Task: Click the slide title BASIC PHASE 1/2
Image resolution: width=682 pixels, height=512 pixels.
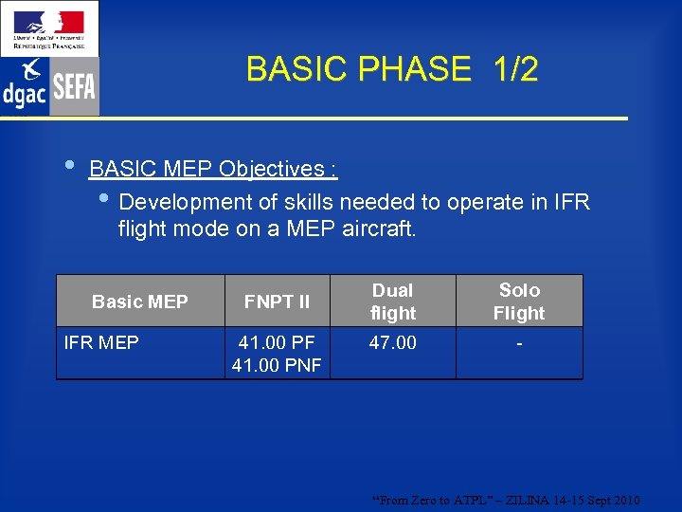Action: pyautogui.click(x=391, y=69)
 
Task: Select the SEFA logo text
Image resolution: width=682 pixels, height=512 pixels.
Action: pyautogui.click(x=74, y=87)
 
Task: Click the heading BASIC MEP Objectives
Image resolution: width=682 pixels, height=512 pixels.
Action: pyautogui.click(x=213, y=169)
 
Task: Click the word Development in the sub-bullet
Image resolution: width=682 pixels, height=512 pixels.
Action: pyautogui.click(x=180, y=202)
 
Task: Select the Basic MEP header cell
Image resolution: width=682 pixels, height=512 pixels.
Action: pyautogui.click(x=140, y=302)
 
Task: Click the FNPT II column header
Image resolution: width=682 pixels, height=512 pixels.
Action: pyautogui.click(x=277, y=302)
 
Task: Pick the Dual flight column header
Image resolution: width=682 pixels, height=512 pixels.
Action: pyautogui.click(x=392, y=302)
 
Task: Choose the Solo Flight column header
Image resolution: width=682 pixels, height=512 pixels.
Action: pyautogui.click(x=519, y=302)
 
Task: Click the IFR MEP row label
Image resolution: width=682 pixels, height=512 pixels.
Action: pyautogui.click(x=100, y=342)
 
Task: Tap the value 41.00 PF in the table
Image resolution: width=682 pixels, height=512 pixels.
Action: pyautogui.click(x=277, y=342)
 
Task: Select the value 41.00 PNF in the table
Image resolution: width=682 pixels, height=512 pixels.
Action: pyautogui.click(x=277, y=364)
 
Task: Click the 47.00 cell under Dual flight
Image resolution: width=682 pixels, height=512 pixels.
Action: pyautogui.click(x=392, y=342)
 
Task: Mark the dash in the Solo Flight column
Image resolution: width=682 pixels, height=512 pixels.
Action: pyautogui.click(x=519, y=342)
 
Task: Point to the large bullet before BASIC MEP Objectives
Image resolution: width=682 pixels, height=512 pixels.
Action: pyautogui.click(x=67, y=164)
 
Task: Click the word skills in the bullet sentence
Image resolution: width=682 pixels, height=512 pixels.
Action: pyautogui.click(x=312, y=202)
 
